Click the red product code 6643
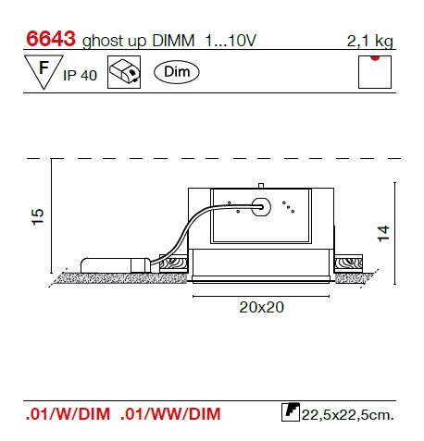click(51, 39)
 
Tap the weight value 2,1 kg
click(370, 41)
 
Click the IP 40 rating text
click(80, 75)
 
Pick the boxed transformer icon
click(124, 72)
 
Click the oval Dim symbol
click(177, 72)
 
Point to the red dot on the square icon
click(375, 57)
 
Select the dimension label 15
click(38, 217)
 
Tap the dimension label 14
click(384, 234)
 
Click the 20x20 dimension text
click(261, 307)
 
